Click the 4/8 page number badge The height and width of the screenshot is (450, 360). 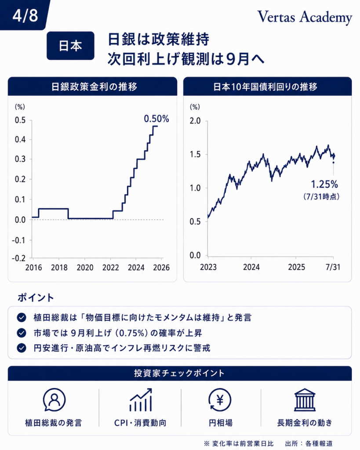click(x=25, y=15)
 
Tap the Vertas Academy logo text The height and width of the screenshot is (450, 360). click(x=305, y=17)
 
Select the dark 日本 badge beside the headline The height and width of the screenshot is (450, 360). click(x=70, y=46)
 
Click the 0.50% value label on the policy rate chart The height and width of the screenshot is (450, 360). click(x=156, y=119)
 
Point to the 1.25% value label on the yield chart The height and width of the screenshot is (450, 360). click(x=324, y=184)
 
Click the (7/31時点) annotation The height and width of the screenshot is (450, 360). click(x=321, y=196)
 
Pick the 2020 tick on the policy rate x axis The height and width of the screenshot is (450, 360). click(x=85, y=268)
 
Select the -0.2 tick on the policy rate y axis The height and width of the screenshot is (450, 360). click(x=18, y=258)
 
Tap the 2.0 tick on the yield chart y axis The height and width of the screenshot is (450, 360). click(x=195, y=121)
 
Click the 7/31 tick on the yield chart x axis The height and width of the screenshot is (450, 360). click(x=333, y=267)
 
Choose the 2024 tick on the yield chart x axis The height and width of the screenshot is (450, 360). click(x=251, y=267)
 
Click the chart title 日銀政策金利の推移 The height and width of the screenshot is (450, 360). click(x=94, y=87)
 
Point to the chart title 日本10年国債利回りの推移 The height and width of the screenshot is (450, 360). click(x=265, y=87)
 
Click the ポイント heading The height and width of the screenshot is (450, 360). click(x=36, y=298)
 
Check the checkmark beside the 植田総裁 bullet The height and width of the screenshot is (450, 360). click(x=22, y=317)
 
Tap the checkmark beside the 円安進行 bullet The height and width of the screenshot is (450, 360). click(x=22, y=348)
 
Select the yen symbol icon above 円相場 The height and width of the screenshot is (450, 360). click(x=220, y=400)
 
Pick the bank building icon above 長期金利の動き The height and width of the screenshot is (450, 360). click(x=305, y=400)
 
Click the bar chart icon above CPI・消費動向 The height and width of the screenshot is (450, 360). click(x=141, y=400)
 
